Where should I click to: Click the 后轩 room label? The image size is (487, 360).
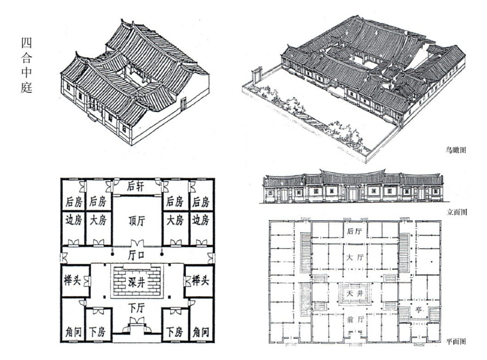point(136,187)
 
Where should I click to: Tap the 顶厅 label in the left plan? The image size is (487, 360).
point(137,221)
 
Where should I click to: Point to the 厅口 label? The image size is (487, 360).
point(136,255)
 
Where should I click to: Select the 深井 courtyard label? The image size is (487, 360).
point(136,282)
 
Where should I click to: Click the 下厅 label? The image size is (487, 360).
point(136,308)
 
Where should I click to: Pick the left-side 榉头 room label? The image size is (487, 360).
point(72,280)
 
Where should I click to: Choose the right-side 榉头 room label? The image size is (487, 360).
point(200,280)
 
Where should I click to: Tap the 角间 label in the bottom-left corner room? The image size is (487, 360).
point(74,332)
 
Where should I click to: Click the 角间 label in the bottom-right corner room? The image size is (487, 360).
point(200,332)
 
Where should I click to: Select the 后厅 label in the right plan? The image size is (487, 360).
point(354,231)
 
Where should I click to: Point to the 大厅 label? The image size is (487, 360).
point(355,257)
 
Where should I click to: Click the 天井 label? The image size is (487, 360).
point(354,293)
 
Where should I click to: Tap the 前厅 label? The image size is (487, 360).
point(354,319)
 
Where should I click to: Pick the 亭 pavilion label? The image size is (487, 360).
point(419,310)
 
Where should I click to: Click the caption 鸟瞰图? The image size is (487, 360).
point(456,150)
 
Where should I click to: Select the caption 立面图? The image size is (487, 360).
point(457,212)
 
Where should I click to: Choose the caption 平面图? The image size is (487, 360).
point(456,341)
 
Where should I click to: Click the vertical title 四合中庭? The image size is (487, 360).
point(26,65)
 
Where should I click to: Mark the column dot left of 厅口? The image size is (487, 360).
point(113,254)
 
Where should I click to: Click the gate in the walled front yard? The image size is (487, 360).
point(258,75)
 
